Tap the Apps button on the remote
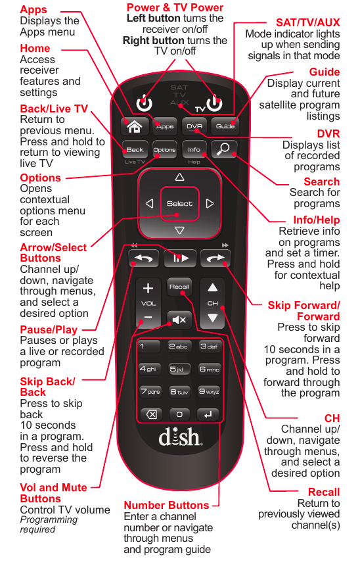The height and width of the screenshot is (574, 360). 165,126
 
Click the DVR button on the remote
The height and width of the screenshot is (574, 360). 194,126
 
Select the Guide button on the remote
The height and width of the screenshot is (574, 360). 225,126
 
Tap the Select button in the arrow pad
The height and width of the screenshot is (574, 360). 179,204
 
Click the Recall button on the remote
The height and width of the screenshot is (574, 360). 179,287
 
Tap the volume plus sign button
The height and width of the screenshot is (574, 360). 148,289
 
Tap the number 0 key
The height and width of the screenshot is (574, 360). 179,414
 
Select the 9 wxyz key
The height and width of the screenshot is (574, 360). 210,392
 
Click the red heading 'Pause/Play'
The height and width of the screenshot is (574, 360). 49,329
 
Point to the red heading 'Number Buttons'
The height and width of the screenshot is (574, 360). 166,505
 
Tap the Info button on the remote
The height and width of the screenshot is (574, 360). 194,150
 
